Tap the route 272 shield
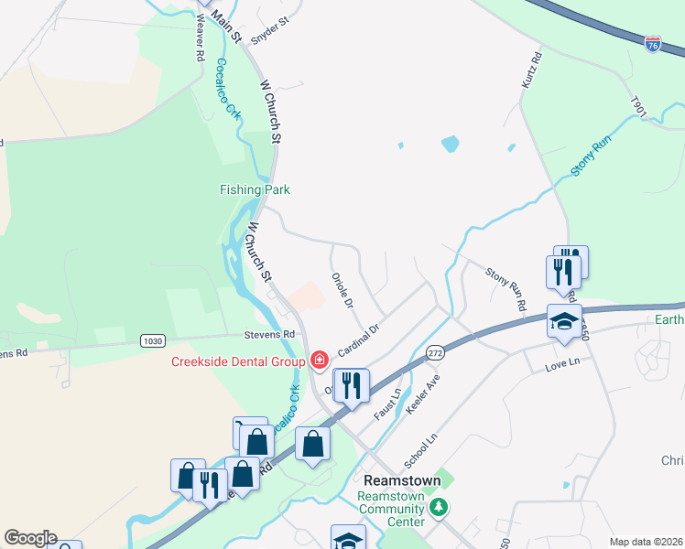(435, 352)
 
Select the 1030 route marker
(154, 340)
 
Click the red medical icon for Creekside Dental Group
(319, 361)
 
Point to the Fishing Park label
(255, 189)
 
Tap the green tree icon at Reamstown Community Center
(439, 506)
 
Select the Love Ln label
(563, 363)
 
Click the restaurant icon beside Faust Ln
(352, 385)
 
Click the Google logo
(30, 538)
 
